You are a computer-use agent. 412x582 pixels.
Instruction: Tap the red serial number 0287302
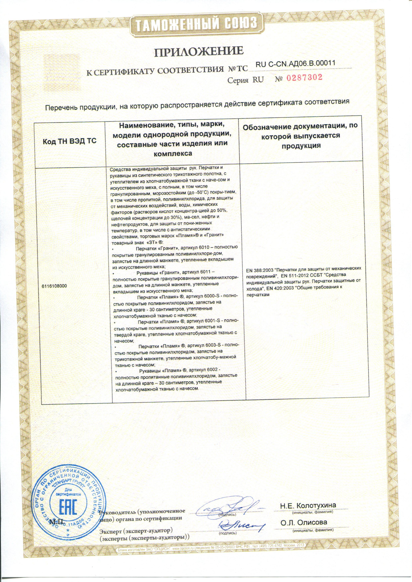click(x=304, y=78)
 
